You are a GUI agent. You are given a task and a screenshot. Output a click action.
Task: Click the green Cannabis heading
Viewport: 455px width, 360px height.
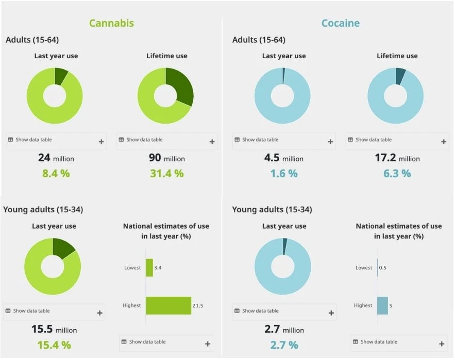111,23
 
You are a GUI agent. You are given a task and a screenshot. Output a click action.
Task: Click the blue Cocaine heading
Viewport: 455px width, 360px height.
341,23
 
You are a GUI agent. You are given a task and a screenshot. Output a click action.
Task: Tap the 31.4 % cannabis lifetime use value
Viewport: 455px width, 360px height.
167,174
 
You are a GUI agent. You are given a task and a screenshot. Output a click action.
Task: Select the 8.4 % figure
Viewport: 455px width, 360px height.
56,174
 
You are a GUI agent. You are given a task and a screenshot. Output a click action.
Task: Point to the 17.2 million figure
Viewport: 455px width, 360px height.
397,158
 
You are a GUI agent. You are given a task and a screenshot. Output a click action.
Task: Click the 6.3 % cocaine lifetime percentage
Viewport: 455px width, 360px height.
397,174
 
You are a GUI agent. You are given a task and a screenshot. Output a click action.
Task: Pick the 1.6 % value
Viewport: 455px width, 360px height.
284,174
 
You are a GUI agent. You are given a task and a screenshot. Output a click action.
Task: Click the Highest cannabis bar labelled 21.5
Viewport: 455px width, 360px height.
168,305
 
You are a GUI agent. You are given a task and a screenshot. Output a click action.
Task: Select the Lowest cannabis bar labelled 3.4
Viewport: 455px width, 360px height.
149,267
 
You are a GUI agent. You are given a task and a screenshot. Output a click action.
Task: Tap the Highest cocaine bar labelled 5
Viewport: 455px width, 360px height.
382,305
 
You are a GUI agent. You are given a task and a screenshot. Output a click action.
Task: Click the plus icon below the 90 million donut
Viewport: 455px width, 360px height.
212,142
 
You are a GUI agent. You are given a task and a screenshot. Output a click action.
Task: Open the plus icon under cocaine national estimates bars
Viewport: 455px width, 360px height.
442,344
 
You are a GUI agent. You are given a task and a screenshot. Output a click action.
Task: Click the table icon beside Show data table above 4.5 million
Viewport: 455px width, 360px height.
237,140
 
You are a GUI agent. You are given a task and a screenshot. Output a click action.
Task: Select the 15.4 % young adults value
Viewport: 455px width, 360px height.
54,345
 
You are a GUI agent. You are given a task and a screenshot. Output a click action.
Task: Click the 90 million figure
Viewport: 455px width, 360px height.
167,158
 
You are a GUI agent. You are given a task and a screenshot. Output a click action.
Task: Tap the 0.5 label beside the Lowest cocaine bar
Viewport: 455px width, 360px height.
382,267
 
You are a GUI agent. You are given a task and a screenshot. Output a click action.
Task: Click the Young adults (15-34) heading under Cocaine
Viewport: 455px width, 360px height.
272,210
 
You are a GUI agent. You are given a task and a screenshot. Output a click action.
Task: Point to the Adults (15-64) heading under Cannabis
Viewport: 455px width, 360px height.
32,40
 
